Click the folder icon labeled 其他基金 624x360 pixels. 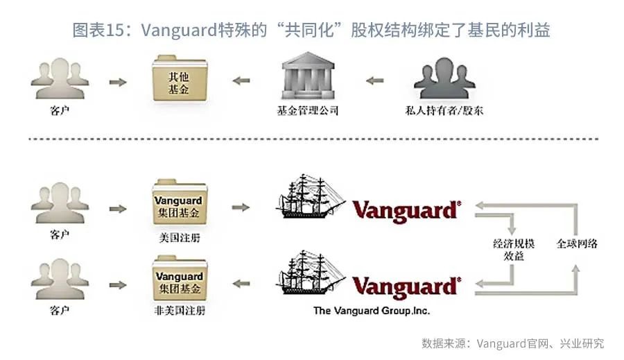pos(180,82)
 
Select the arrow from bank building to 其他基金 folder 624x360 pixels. pos(241,81)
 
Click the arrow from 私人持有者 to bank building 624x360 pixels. pos(374,81)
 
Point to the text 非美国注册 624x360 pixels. pos(179,311)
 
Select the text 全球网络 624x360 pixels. pos(577,244)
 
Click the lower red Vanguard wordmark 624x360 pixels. pos(406,285)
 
